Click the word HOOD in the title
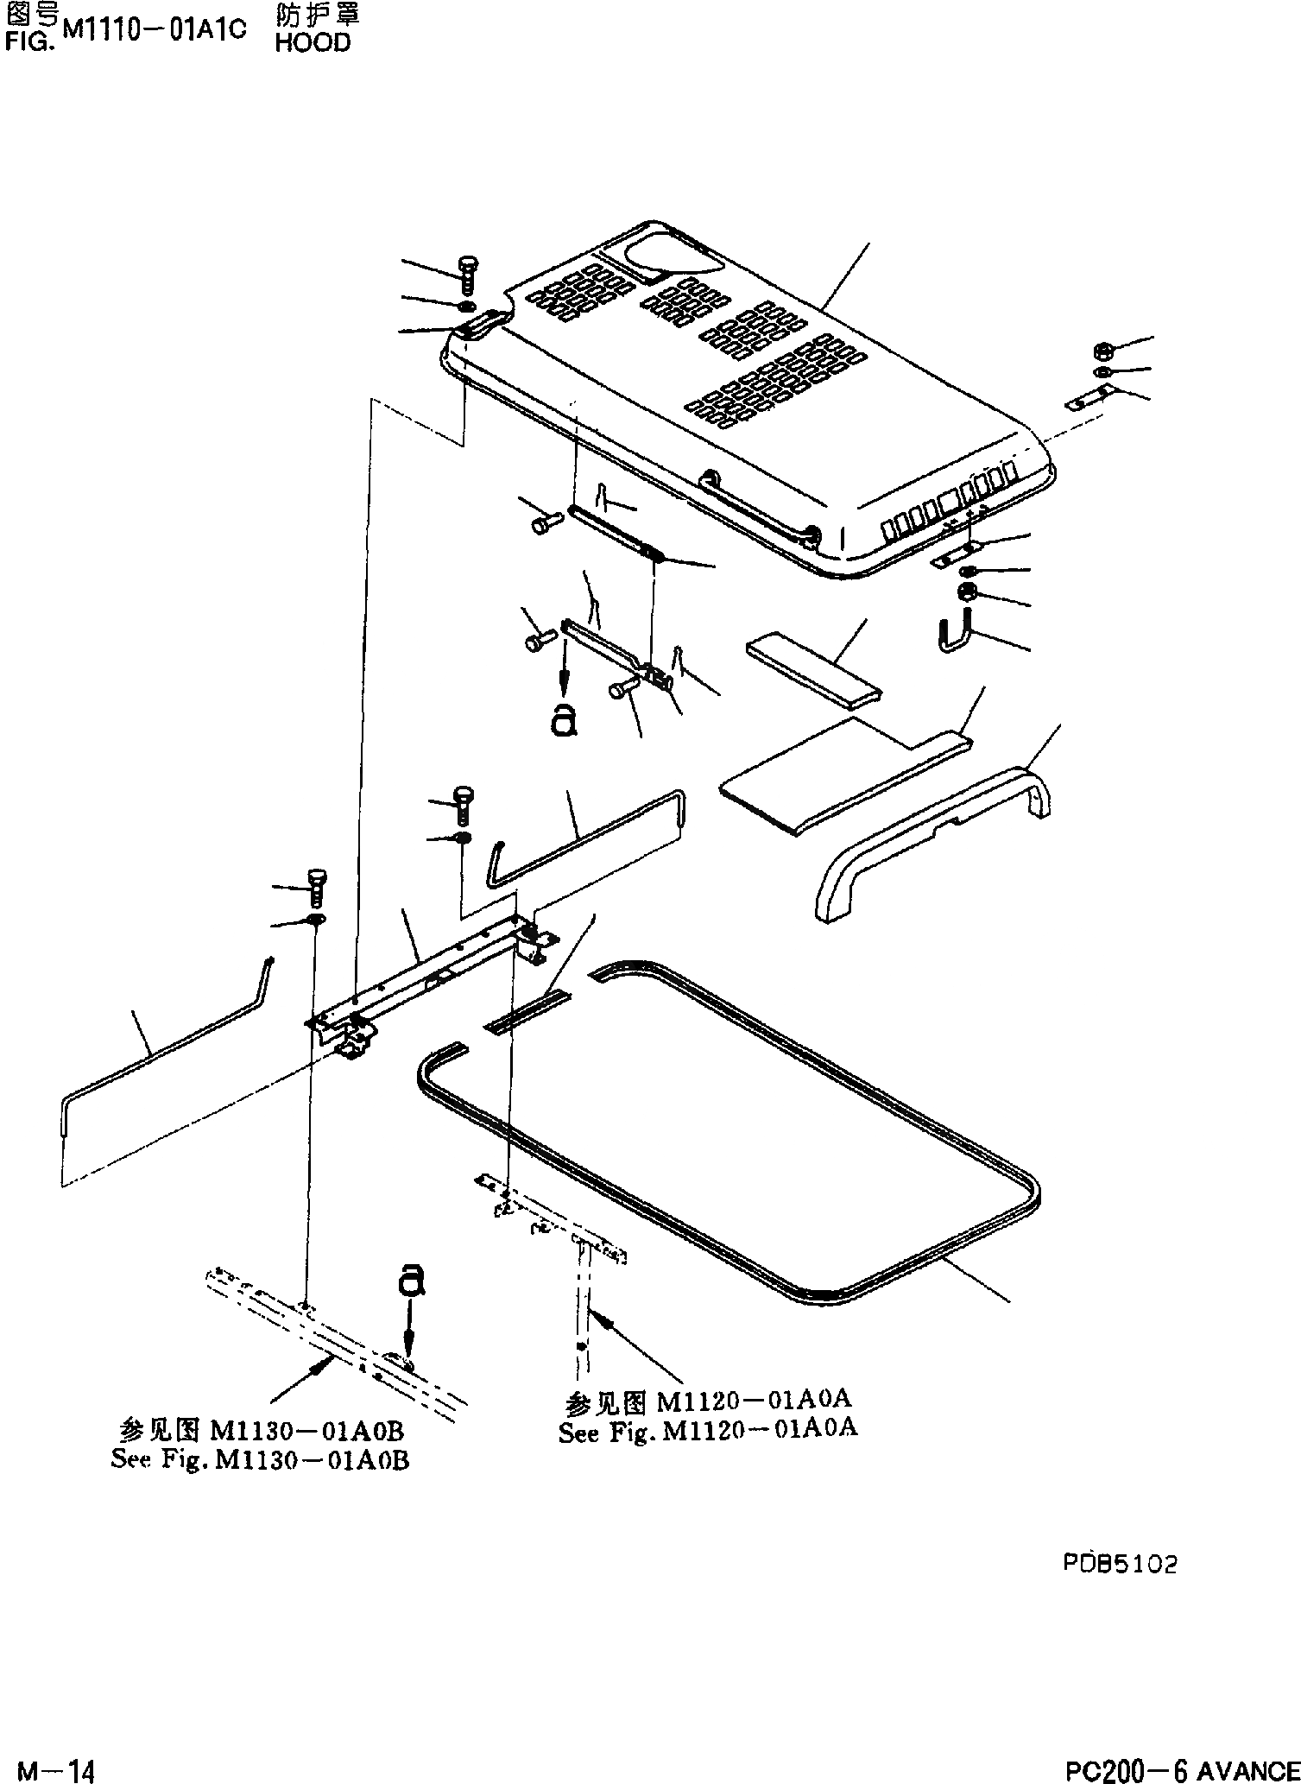313,43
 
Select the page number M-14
56,1767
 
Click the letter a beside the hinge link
563,718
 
